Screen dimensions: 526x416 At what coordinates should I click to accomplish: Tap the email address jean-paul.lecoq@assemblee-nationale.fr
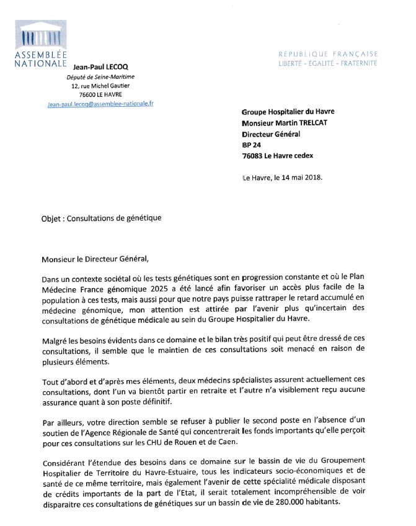[100, 104]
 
